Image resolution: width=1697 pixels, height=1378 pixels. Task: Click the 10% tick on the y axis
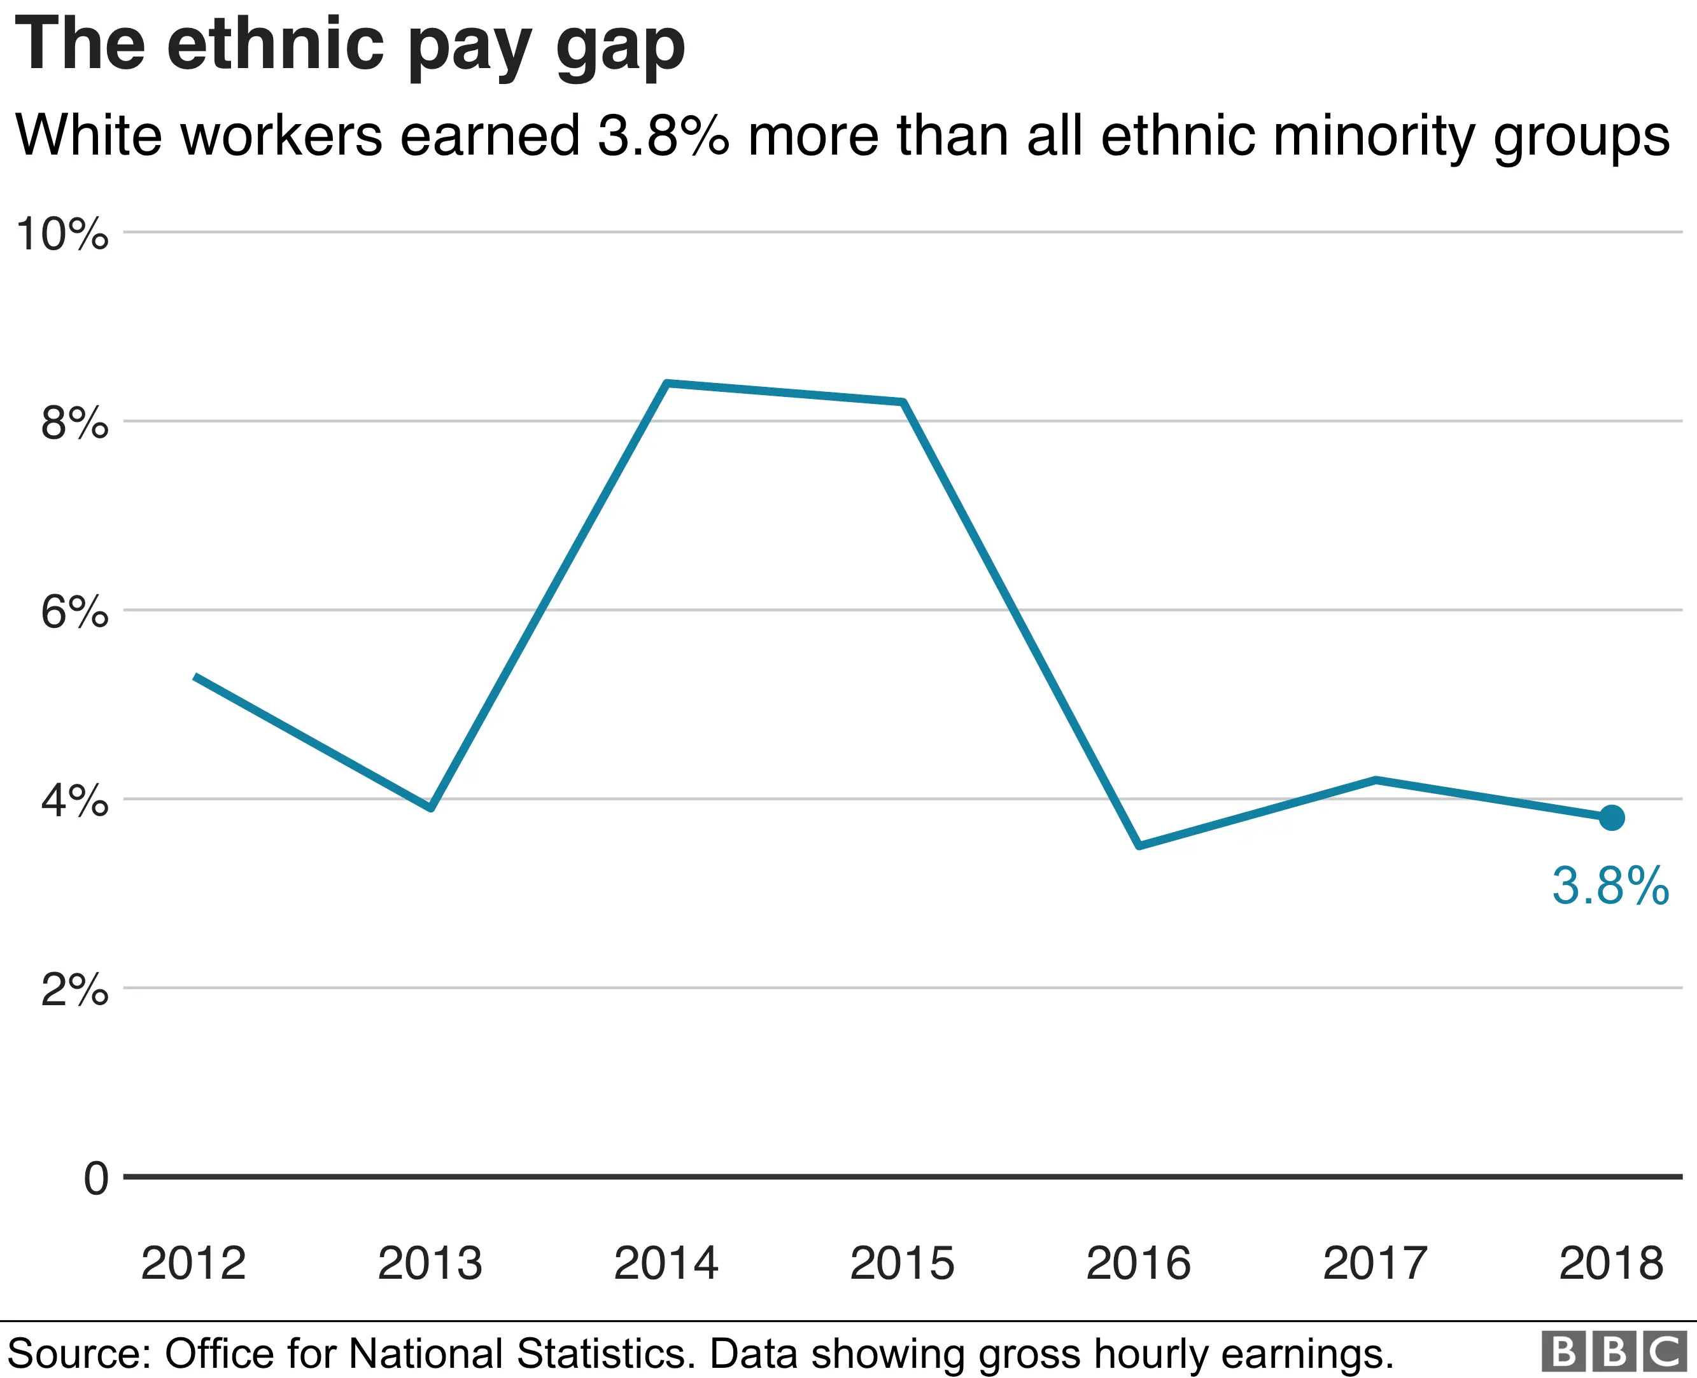[x=62, y=234]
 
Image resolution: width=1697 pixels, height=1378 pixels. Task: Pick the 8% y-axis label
[x=74, y=423]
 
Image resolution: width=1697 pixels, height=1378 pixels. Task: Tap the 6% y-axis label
[x=74, y=612]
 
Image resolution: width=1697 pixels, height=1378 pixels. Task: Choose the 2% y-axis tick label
[x=74, y=990]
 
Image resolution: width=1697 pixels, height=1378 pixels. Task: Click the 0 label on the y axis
[x=95, y=1178]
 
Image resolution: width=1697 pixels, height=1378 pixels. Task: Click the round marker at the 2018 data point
[x=1611, y=818]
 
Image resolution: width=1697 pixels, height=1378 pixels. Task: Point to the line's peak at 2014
[x=667, y=384]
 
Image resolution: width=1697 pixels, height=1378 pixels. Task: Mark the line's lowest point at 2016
[x=1139, y=846]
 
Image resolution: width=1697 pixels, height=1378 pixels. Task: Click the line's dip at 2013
[x=430, y=808]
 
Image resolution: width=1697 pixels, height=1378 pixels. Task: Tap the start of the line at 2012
[x=196, y=676]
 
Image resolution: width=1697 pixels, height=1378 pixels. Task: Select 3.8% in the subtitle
[x=663, y=135]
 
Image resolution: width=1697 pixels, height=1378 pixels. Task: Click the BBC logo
[x=1614, y=1352]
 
